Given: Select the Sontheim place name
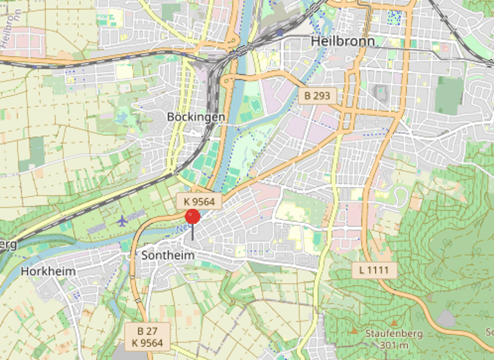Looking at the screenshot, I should click(167, 256).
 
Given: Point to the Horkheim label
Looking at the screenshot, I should click(48, 271).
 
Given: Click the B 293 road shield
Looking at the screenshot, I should click(317, 96).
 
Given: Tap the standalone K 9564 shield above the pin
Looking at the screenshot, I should click(199, 202).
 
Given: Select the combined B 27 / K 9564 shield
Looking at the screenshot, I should click(147, 336).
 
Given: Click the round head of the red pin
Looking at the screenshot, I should click(192, 217).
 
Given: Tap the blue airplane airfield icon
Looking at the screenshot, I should click(122, 221).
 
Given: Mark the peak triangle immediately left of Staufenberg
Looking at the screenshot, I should click(353, 332).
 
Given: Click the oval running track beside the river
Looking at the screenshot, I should click(257, 104).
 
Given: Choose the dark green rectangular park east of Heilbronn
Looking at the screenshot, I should click(448, 96).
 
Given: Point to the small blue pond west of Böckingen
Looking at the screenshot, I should click(122, 117).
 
